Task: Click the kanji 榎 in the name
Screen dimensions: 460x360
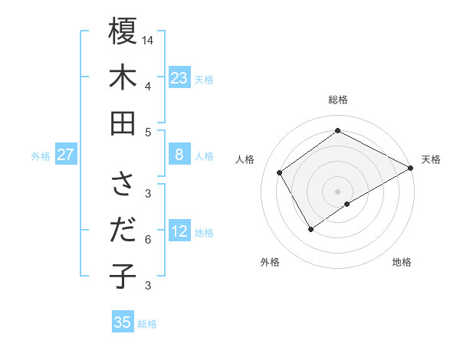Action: [123, 32]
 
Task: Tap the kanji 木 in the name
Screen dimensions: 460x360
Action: [123, 77]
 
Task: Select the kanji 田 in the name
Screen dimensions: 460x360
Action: [123, 123]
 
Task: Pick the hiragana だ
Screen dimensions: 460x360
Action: [123, 231]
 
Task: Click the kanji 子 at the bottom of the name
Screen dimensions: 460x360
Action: [123, 276]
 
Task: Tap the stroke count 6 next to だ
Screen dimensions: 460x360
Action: [148, 240]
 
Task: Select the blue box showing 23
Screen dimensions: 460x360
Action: [179, 77]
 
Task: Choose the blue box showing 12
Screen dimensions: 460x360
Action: [179, 231]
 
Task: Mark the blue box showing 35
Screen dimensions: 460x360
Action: [123, 322]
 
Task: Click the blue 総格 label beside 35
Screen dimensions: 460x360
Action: [147, 324]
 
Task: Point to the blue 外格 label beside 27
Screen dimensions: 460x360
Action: [41, 156]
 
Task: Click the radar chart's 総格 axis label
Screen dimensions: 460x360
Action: [337, 100]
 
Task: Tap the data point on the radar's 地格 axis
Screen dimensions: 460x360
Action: [348, 204]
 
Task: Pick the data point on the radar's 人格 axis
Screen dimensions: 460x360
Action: [280, 172]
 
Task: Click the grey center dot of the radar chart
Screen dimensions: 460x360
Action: [337, 190]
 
